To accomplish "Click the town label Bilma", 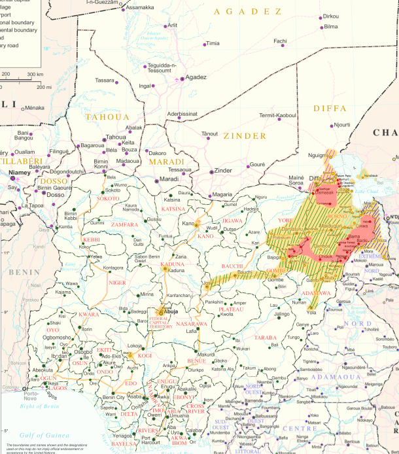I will [331, 26].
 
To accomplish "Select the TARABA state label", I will [266, 337].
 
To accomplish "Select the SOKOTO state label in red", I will [108, 198].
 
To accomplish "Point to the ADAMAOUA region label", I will [332, 378].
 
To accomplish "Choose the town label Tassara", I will [105, 80].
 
